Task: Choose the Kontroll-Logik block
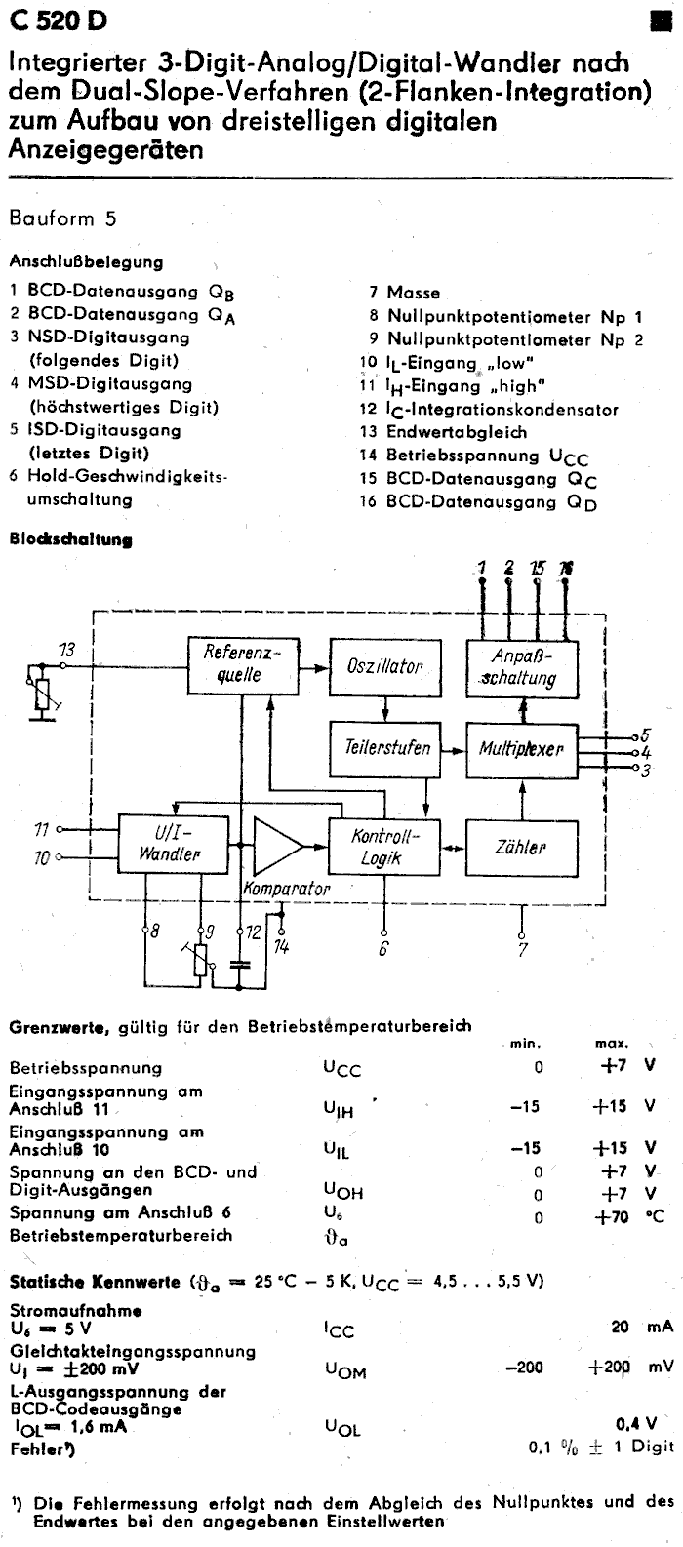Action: pyautogui.click(x=382, y=847)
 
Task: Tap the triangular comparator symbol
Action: pyautogui.click(x=277, y=846)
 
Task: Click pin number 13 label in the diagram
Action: pyautogui.click(x=67, y=651)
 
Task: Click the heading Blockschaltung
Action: pyautogui.click(x=70, y=538)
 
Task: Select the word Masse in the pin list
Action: pyautogui.click(x=413, y=292)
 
